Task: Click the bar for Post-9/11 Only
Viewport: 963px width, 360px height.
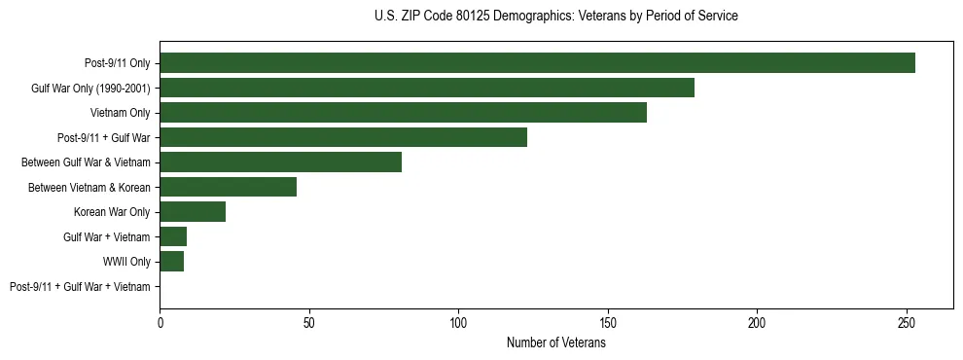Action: coord(537,63)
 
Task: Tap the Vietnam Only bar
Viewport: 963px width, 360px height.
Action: coord(403,113)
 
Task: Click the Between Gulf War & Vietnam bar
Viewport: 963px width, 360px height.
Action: coord(281,162)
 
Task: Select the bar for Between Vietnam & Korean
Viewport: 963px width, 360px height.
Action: coord(229,187)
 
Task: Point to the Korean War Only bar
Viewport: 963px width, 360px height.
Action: coord(193,212)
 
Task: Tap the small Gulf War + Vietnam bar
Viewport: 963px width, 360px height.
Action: coord(173,236)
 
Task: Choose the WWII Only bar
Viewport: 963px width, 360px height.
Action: coord(172,262)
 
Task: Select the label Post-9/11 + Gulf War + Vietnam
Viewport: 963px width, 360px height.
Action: coord(80,287)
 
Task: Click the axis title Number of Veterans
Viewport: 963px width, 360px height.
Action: coord(555,342)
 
